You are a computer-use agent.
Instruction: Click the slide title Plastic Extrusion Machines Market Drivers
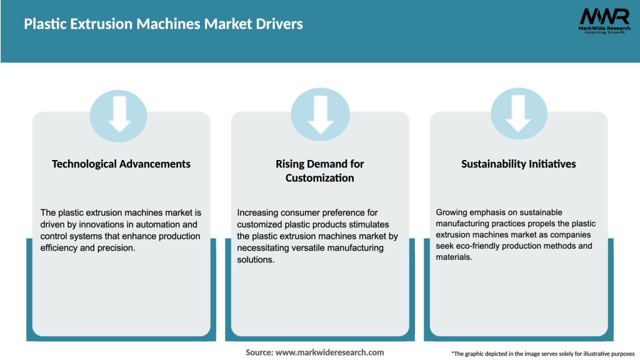point(163,24)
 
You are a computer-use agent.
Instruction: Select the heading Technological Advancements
point(121,164)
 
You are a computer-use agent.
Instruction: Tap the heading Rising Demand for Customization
point(320,171)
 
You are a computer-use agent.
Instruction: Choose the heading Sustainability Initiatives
point(519,164)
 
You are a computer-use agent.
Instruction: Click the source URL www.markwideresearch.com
point(329,352)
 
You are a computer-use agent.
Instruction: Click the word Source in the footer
point(259,352)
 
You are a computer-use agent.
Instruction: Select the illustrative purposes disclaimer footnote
point(542,354)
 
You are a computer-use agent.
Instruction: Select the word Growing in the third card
point(451,212)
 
